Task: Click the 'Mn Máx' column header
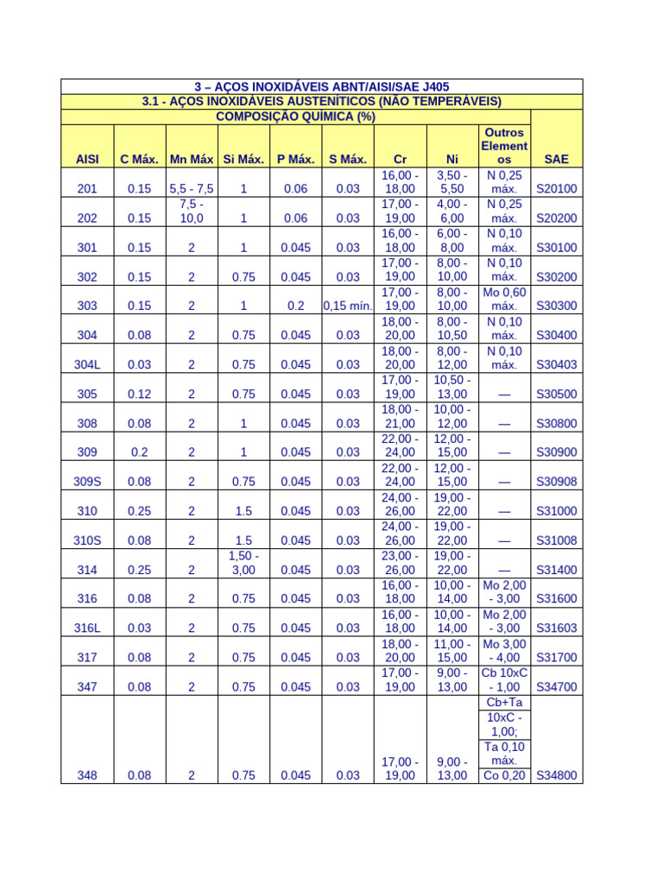pos(192,160)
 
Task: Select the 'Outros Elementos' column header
pos(504,146)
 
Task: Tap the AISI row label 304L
pos(87,364)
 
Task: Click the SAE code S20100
pos(556,189)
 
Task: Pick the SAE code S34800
pos(556,775)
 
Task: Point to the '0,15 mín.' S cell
pos(347,306)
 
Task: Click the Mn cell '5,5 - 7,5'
pos(192,189)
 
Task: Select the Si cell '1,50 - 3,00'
pos(243,563)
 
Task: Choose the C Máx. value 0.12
pos(139,394)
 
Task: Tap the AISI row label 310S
pos(87,540)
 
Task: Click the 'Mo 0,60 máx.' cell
pos(504,299)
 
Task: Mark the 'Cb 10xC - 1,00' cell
pos(504,680)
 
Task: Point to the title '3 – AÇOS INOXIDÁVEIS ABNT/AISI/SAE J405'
pos(321,86)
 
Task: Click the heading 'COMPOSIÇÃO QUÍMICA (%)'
pos(295,117)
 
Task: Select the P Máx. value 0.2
pos(295,306)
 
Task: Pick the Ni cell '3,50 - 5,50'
pos(451,181)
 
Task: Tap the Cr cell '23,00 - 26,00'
pos(400,563)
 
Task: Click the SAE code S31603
pos(556,628)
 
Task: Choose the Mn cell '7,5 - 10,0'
pos(192,211)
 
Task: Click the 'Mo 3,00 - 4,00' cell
pos(504,651)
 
